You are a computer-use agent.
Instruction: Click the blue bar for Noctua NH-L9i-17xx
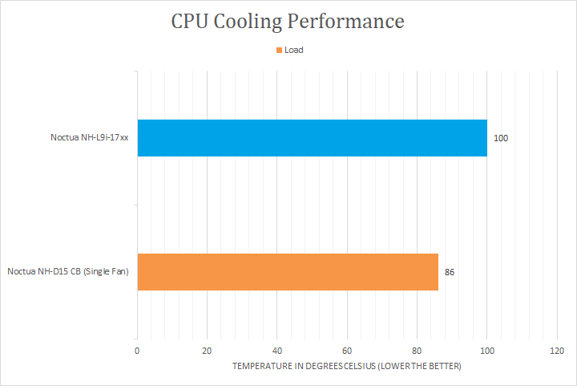click(312, 138)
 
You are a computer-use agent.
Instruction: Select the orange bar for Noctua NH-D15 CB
click(288, 272)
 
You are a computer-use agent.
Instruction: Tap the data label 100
click(501, 139)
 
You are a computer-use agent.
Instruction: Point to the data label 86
click(450, 272)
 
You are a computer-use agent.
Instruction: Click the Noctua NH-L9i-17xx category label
click(90, 138)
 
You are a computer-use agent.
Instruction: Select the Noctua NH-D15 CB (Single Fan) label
click(68, 272)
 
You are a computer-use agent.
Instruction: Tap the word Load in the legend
click(294, 50)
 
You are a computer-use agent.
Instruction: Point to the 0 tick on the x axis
click(137, 351)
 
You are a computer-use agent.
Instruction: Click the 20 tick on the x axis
click(207, 351)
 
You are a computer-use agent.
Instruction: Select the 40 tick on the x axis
click(277, 351)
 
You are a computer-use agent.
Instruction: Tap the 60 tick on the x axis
click(347, 351)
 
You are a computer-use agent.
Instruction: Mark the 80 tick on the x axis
click(417, 351)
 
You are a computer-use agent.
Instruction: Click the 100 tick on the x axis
click(486, 351)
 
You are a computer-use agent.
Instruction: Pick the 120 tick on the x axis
click(557, 351)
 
